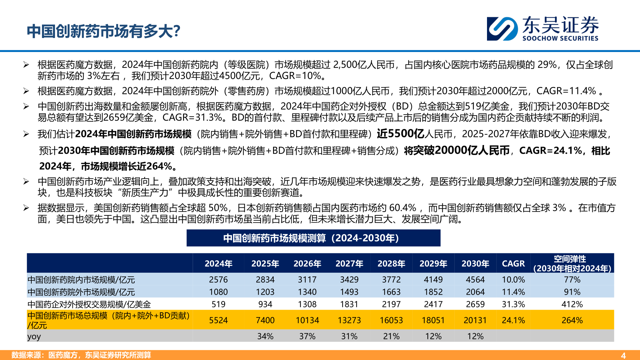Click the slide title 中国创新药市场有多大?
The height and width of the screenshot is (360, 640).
[x=103, y=31]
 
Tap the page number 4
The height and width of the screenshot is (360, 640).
[x=623, y=355]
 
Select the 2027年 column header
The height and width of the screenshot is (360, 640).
[x=349, y=264]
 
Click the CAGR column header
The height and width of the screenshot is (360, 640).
[x=513, y=264]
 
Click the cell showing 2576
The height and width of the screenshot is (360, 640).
[x=218, y=280]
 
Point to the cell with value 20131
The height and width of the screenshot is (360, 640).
[x=475, y=320]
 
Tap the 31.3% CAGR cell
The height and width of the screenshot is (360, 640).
[x=513, y=304]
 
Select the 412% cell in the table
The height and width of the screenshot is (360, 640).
[x=572, y=304]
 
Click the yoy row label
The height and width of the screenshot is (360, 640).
[x=34, y=336]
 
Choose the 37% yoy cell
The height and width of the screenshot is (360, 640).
[x=307, y=336]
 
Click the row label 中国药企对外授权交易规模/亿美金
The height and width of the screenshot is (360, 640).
[x=89, y=304]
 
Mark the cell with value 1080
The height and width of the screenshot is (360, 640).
[x=218, y=292]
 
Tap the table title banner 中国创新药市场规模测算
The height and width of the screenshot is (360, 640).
[x=313, y=238]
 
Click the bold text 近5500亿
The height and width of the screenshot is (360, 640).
[x=400, y=134]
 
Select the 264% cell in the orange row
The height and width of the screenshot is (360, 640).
[x=572, y=320]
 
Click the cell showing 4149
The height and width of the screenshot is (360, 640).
[x=433, y=280]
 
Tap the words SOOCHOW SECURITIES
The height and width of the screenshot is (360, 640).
[x=560, y=38]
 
